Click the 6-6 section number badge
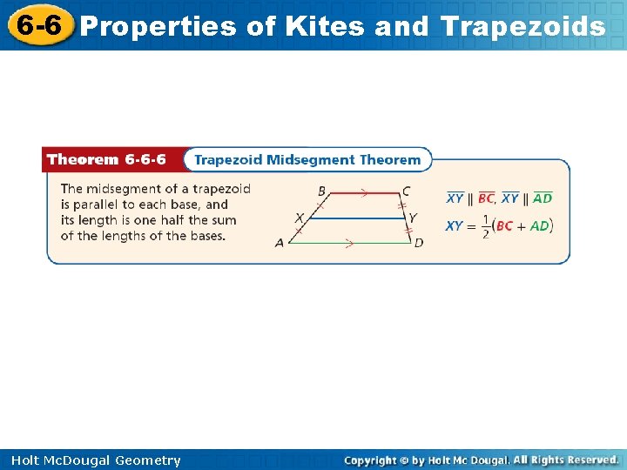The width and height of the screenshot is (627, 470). click(x=37, y=26)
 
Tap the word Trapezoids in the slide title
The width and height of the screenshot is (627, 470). click(x=522, y=27)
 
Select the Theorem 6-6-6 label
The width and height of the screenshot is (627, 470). click(x=106, y=160)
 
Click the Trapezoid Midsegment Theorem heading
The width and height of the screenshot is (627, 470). click(x=307, y=160)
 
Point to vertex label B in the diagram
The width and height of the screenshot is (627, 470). click(x=321, y=191)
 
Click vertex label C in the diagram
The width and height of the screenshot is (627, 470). click(x=406, y=191)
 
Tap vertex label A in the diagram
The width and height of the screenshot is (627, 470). click(x=280, y=243)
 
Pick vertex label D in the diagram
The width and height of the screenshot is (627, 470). click(x=419, y=243)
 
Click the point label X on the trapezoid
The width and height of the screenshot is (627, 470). click(x=299, y=218)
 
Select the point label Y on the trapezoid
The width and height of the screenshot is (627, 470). click(x=413, y=218)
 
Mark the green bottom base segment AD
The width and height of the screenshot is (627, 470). click(x=349, y=242)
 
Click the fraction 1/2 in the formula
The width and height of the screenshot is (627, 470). click(x=485, y=226)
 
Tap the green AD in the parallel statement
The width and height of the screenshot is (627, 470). click(x=542, y=198)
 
